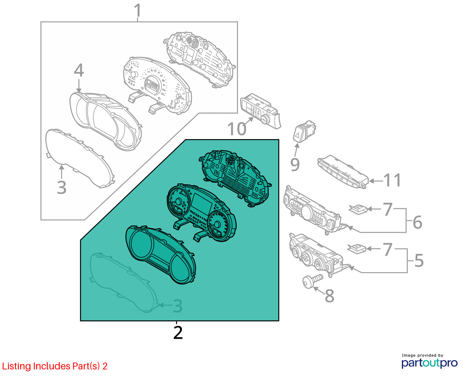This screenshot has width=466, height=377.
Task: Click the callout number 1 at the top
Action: tap(138, 10)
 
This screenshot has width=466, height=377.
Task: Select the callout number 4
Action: tap(79, 70)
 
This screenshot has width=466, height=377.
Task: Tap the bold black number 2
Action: tap(178, 333)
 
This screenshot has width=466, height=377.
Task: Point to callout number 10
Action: tap(237, 129)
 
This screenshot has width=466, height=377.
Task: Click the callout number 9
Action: tap(295, 165)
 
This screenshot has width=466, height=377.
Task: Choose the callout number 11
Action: tap(392, 180)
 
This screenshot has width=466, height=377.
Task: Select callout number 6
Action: tap(417, 222)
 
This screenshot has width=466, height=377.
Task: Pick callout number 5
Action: tap(419, 260)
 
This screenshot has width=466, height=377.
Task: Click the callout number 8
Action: tap(329, 296)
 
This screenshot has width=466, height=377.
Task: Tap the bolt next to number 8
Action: tap(313, 281)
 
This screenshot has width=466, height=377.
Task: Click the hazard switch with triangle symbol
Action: tap(304, 131)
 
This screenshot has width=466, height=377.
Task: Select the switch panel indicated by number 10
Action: tap(260, 111)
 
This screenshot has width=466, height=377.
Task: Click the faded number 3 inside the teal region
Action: tap(178, 306)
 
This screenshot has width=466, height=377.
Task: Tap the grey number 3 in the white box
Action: tap(61, 187)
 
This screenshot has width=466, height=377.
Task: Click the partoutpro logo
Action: tap(429, 363)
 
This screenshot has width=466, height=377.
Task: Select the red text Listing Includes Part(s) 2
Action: tap(55, 366)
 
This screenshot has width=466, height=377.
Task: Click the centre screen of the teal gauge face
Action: tap(202, 204)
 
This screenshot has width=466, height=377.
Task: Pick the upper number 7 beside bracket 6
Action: tap(388, 209)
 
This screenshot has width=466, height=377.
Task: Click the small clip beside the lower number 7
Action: tap(357, 249)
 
